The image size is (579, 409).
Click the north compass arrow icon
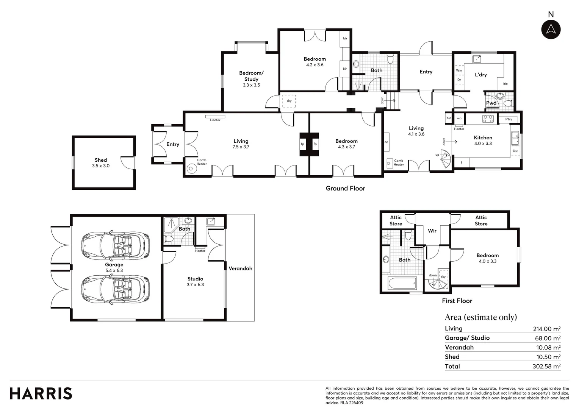coord(551,29)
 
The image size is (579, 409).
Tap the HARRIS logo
coord(41,393)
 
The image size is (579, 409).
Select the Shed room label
coord(101,160)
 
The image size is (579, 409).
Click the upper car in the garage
coord(115,245)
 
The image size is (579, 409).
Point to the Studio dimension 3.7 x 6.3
coord(195,285)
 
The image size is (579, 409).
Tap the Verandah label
coord(240,269)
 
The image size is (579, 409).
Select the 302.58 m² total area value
coord(546,366)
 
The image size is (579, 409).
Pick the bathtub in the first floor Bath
coord(402,283)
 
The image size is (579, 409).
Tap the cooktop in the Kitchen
coord(488,119)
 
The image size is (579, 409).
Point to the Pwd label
coord(491,103)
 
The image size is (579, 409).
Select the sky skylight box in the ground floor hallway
coord(289,101)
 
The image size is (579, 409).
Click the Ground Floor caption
coord(345,188)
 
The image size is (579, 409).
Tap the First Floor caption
coord(457,301)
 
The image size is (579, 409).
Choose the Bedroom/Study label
coord(251,76)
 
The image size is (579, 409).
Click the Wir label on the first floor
coord(432,231)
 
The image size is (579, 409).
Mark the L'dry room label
coord(481,75)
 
